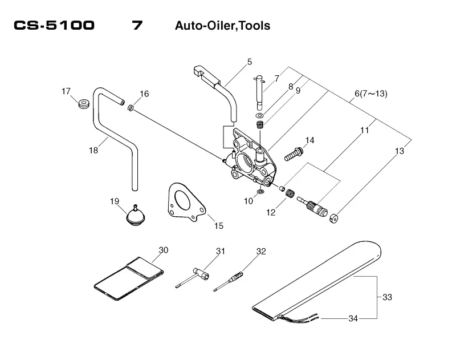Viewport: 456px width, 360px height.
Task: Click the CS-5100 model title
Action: coord(54,25)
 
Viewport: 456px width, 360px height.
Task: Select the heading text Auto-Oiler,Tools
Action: coord(222,26)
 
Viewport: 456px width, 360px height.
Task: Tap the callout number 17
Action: coord(66,91)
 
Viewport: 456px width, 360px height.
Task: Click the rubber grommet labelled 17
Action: coord(84,104)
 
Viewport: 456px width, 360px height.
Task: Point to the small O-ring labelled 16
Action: coord(131,108)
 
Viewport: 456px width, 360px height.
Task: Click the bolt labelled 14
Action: coord(293,155)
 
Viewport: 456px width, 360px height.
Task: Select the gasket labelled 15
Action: coord(187,201)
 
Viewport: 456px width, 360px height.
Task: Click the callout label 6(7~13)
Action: coord(371,94)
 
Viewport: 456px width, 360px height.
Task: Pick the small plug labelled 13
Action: coord(334,219)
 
